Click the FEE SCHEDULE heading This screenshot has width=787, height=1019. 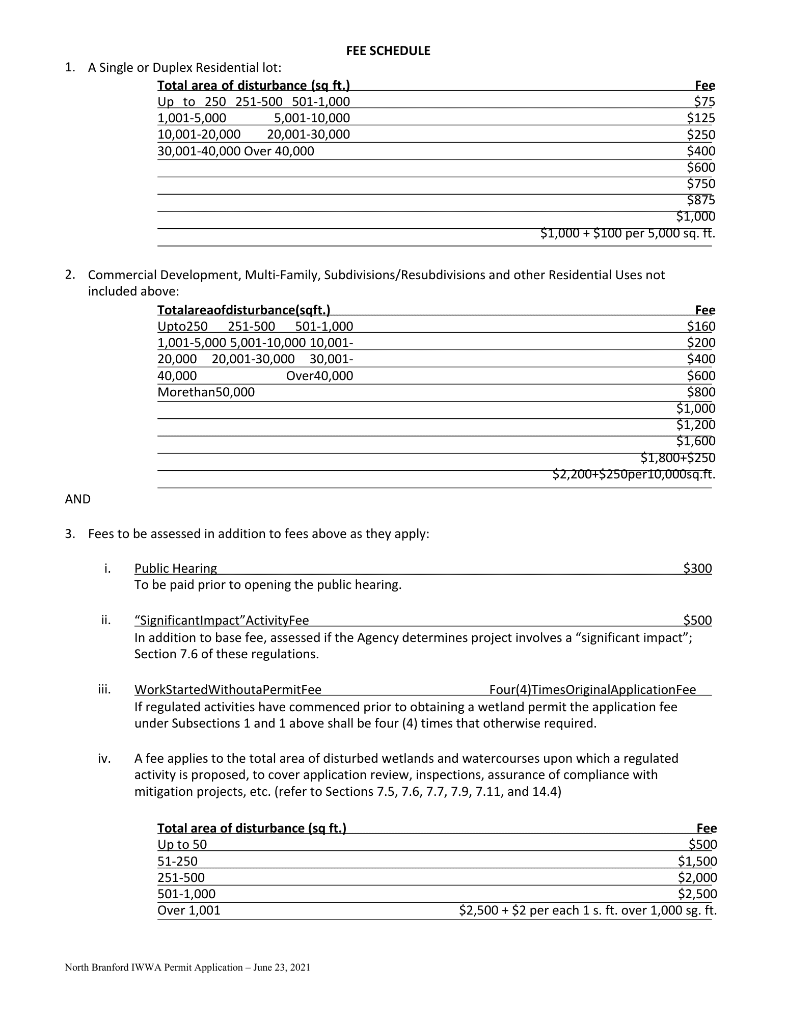[x=388, y=51]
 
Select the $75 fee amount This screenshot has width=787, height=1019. [x=704, y=101]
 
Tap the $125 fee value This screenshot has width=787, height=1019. [x=701, y=118]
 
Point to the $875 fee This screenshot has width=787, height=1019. [x=701, y=200]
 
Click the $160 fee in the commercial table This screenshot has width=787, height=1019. [x=701, y=326]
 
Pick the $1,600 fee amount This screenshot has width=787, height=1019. [x=696, y=441]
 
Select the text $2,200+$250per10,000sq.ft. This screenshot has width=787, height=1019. [x=634, y=474]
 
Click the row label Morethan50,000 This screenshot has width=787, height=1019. [x=206, y=392]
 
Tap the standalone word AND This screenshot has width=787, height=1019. [x=78, y=499]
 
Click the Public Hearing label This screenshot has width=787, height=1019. [x=176, y=568]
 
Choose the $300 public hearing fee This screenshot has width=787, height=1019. [x=697, y=568]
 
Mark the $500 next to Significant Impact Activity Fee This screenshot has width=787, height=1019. [x=697, y=620]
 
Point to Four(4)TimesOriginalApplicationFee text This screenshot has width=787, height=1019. [x=592, y=689]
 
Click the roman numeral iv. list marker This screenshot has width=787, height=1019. [x=104, y=758]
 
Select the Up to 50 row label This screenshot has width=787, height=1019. [x=182, y=844]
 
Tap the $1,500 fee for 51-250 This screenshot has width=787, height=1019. [x=697, y=861]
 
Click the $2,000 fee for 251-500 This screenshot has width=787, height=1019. [x=697, y=877]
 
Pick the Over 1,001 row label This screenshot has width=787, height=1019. [x=189, y=910]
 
